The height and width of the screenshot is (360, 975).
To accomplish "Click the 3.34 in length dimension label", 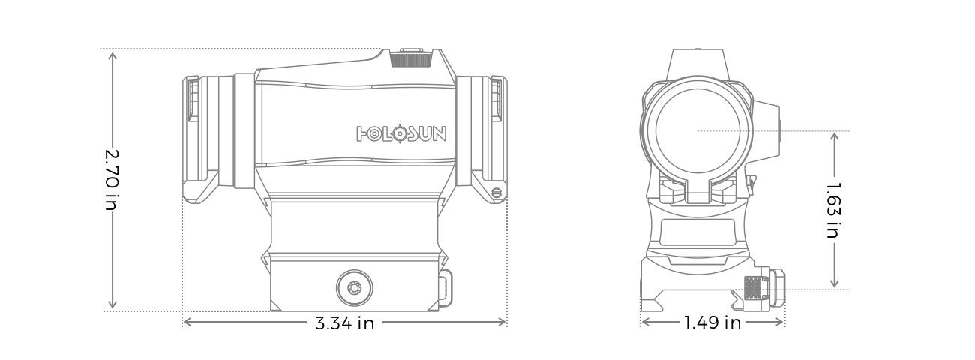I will [x=344, y=323].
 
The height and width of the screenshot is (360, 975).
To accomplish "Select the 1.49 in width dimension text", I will [x=712, y=322].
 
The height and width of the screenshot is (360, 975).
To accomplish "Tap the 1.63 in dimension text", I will [x=833, y=209].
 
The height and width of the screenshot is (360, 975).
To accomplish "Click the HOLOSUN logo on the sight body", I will [x=401, y=134].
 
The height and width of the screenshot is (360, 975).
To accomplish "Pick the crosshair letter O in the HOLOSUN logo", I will [x=401, y=134].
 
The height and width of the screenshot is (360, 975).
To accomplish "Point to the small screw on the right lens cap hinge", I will [x=496, y=193].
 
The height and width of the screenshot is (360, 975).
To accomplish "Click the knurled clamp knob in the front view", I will [x=753, y=289].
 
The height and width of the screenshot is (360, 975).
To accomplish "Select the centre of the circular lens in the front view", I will [x=697, y=131].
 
